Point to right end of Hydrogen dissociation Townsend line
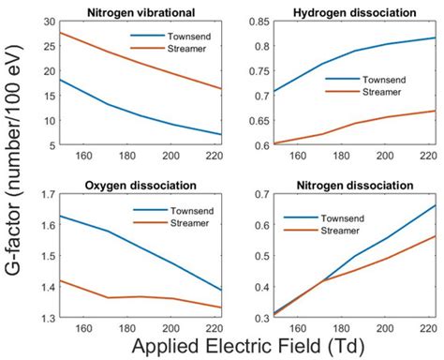coord(434,37)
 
